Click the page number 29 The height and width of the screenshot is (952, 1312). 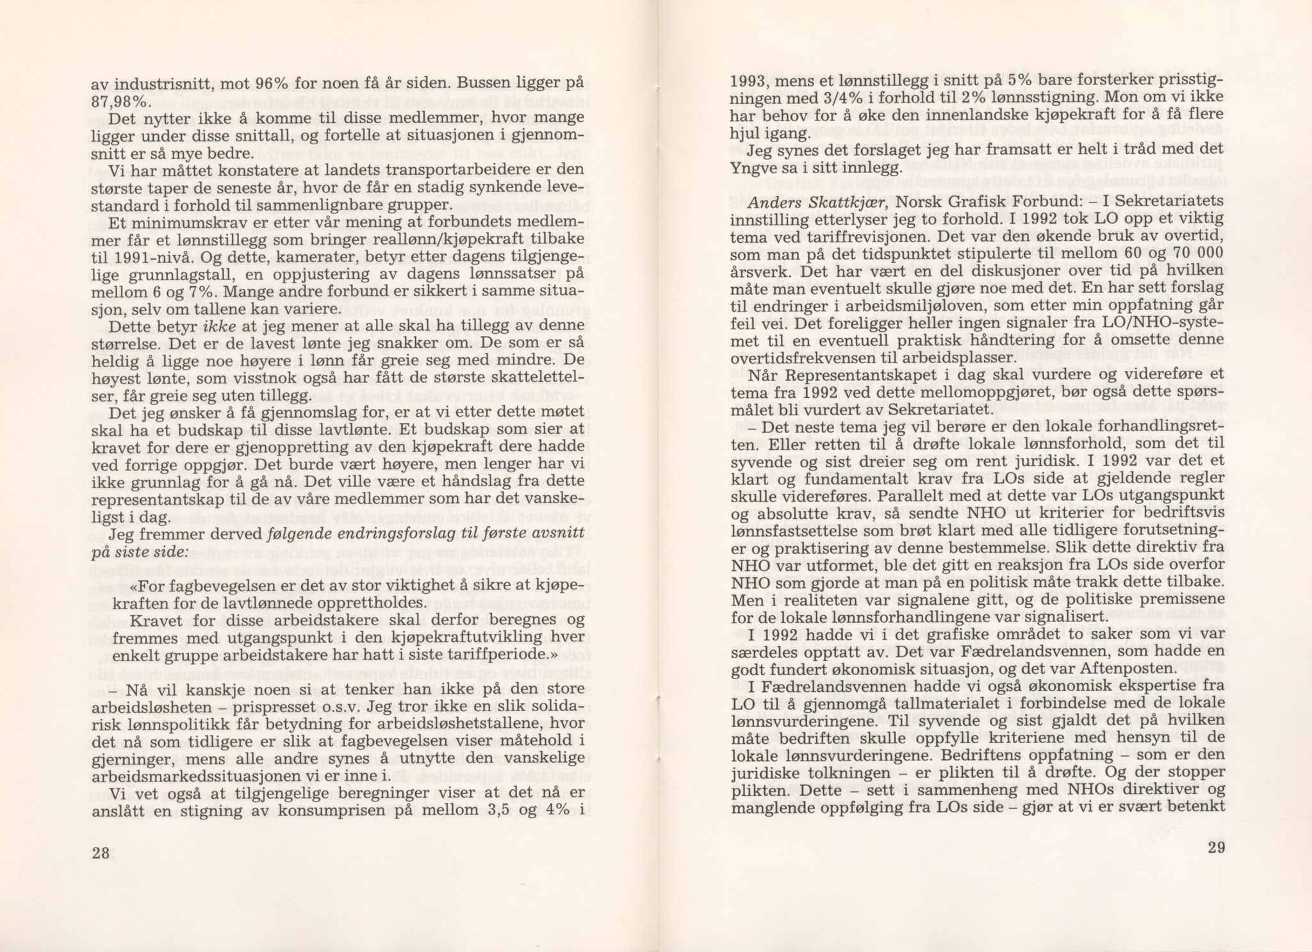[x=1217, y=847]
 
